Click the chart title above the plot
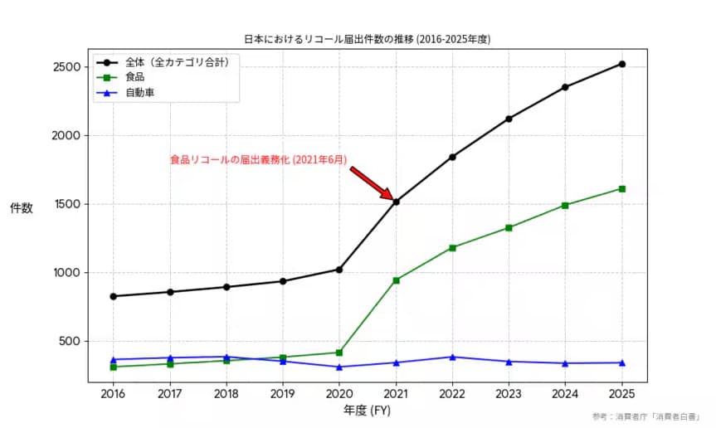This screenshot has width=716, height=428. tap(367, 39)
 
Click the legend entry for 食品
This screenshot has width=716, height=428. tap(134, 77)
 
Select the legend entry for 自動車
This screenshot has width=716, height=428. tap(139, 92)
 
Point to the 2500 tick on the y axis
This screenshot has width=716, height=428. tap(66, 67)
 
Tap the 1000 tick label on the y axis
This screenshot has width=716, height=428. tap(66, 273)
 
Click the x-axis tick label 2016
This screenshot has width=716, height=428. tap(114, 393)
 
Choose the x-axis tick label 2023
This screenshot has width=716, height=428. tap(509, 393)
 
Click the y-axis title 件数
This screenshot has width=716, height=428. tap(22, 208)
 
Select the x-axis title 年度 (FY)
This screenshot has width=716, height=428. tap(367, 410)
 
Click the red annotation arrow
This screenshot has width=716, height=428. tap(371, 182)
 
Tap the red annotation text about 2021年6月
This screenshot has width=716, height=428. tap(258, 159)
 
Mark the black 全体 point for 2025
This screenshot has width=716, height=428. tap(621, 64)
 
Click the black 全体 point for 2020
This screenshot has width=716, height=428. tap(339, 269)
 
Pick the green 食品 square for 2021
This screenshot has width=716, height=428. tap(396, 280)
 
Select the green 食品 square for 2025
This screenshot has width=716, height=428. tap(621, 189)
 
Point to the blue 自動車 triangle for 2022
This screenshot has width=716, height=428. tap(452, 357)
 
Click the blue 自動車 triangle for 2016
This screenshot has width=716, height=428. tap(114, 359)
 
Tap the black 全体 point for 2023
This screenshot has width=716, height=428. tap(509, 119)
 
